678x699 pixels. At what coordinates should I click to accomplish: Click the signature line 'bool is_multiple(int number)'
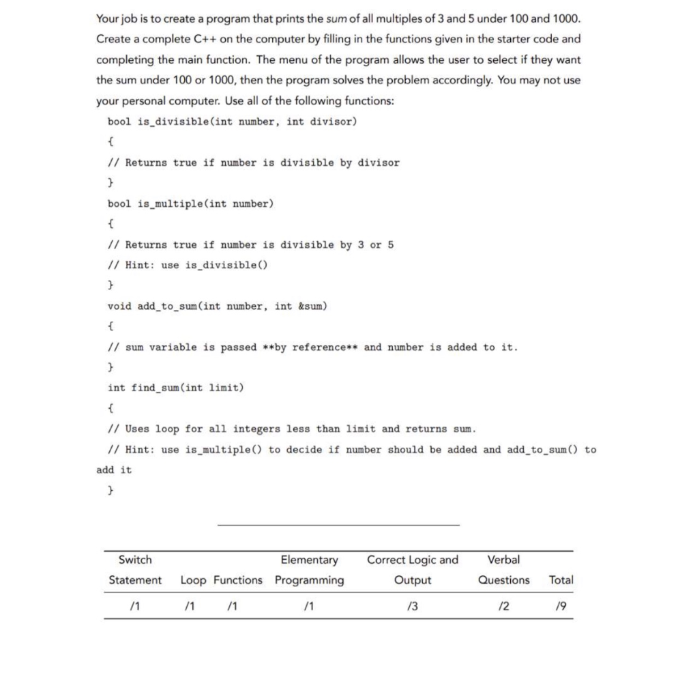pyautogui.click(x=190, y=203)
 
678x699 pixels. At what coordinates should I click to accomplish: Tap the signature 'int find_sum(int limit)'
pyautogui.click(x=175, y=388)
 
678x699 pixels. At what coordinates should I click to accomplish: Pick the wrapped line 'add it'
pyautogui.click(x=115, y=470)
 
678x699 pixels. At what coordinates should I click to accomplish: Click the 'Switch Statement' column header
pyautogui.click(x=135, y=570)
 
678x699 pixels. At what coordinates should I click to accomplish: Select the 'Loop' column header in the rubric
pyautogui.click(x=194, y=580)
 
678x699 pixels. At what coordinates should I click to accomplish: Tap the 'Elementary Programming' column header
pyautogui.click(x=310, y=570)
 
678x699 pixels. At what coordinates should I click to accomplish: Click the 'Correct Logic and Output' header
pyautogui.click(x=413, y=570)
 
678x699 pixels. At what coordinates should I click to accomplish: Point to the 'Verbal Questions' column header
pyautogui.click(x=504, y=570)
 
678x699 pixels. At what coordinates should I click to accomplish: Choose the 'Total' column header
pyautogui.click(x=561, y=580)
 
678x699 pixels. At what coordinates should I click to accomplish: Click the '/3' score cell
pyautogui.click(x=411, y=605)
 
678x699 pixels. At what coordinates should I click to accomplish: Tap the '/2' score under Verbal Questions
pyautogui.click(x=503, y=605)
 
